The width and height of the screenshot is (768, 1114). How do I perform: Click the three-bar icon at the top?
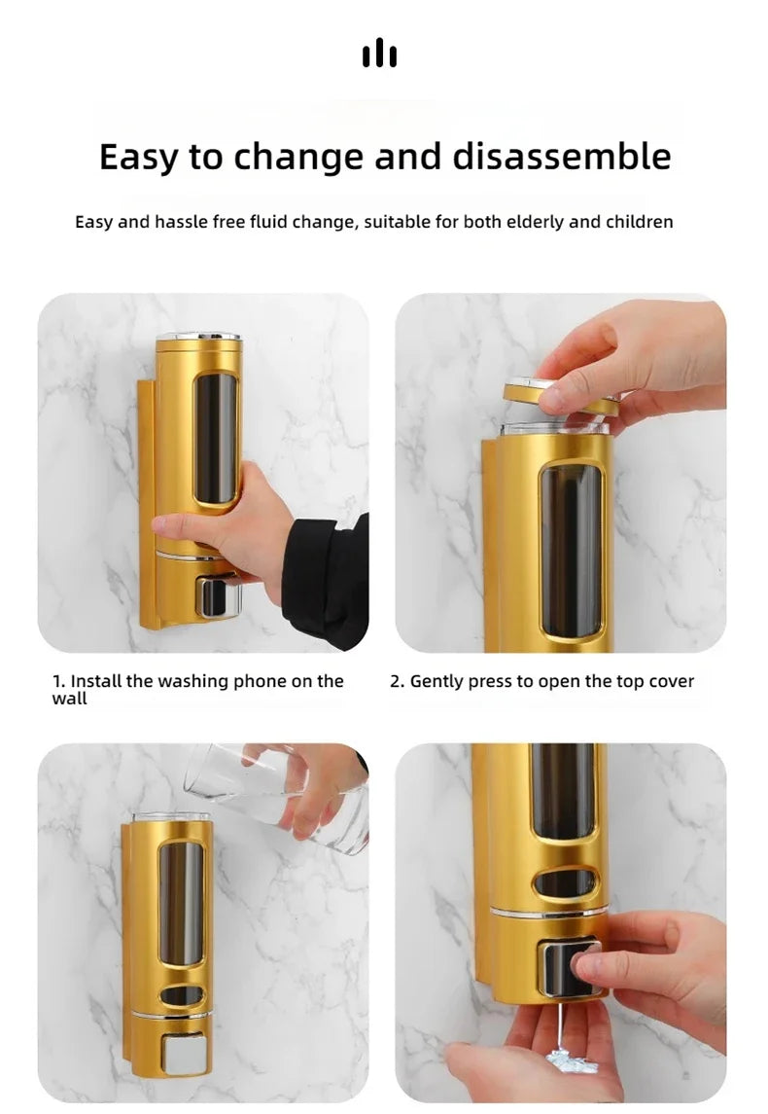coord(379,54)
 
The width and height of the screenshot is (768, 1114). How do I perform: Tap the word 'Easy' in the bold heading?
coord(141,156)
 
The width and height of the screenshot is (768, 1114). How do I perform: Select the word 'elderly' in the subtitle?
coord(534,222)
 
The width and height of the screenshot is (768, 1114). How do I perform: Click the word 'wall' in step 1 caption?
coord(69,699)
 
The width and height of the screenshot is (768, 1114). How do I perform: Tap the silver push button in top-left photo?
coord(218,595)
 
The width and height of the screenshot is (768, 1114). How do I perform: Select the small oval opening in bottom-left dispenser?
coord(182,995)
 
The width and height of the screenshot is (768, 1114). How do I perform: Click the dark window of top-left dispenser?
coord(215,438)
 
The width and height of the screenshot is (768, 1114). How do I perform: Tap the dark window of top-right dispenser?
coord(571,550)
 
